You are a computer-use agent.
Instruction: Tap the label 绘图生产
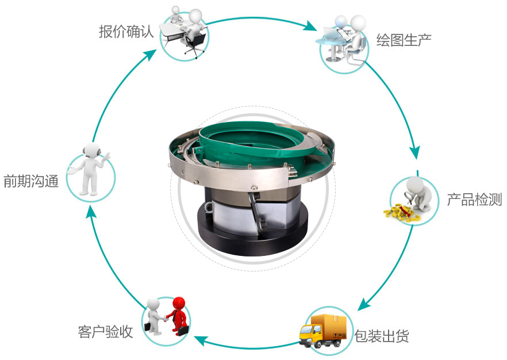coord(404,40)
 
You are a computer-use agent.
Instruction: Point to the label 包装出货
coord(381,336)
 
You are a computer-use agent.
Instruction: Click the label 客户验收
coord(105,332)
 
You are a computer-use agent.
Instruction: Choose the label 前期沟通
coord(31,182)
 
